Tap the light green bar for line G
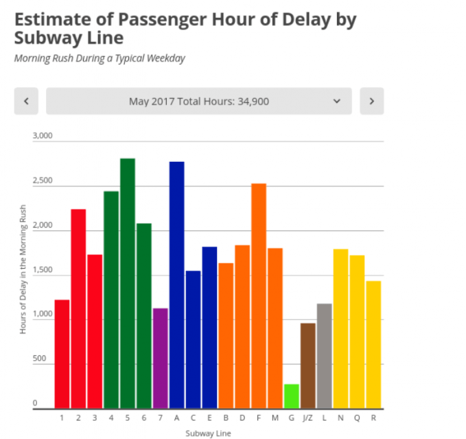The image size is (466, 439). (292, 396)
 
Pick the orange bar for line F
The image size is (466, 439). (259, 296)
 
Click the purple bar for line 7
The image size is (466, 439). (160, 358)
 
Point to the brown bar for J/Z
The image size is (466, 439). (308, 365)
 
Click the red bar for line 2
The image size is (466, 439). (78, 309)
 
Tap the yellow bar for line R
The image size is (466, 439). (373, 344)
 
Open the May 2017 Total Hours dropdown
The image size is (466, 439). (199, 101)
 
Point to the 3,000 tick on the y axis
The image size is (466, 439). (43, 136)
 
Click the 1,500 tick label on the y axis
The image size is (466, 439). (43, 270)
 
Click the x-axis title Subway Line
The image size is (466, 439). (208, 433)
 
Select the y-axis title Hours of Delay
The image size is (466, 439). (23, 270)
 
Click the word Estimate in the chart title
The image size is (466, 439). (48, 19)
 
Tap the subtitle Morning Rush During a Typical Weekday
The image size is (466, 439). (100, 58)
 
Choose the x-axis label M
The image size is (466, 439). (275, 417)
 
